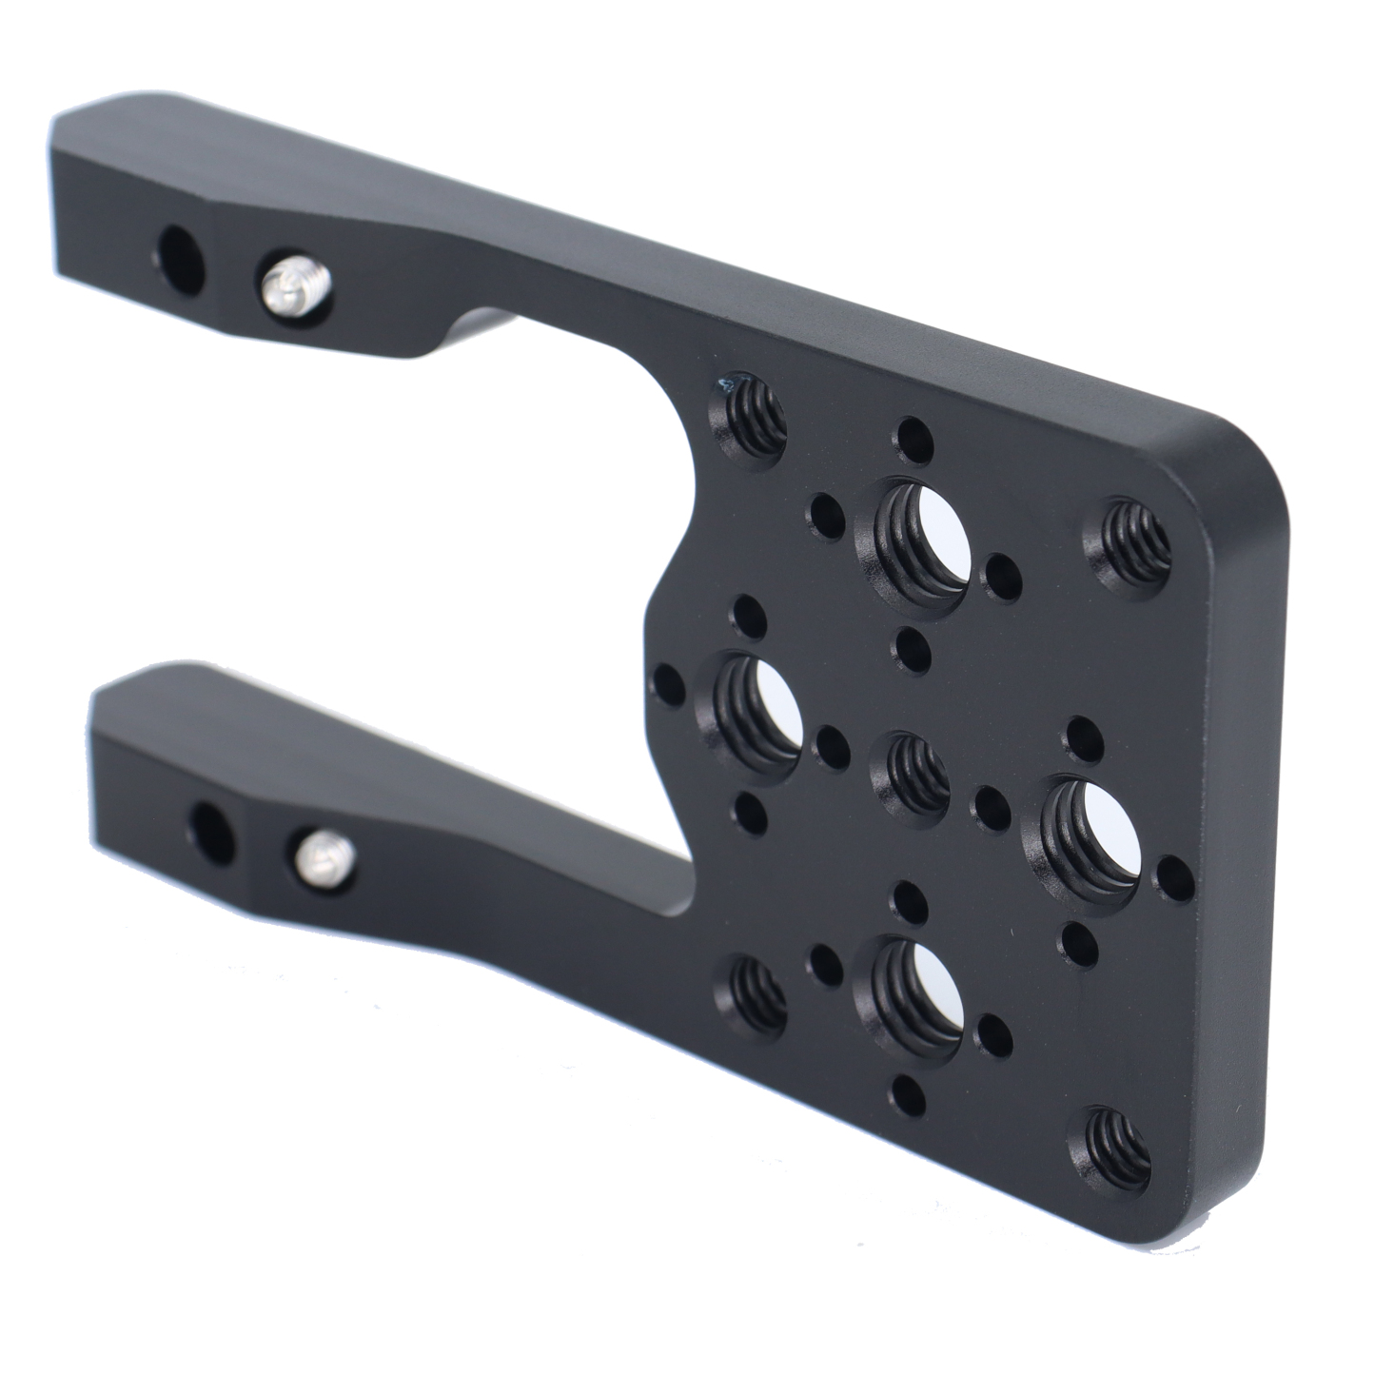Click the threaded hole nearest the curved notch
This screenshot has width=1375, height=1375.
point(753,413)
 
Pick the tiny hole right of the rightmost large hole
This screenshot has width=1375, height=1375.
point(1176,874)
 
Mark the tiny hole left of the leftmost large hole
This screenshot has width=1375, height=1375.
point(669,684)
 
